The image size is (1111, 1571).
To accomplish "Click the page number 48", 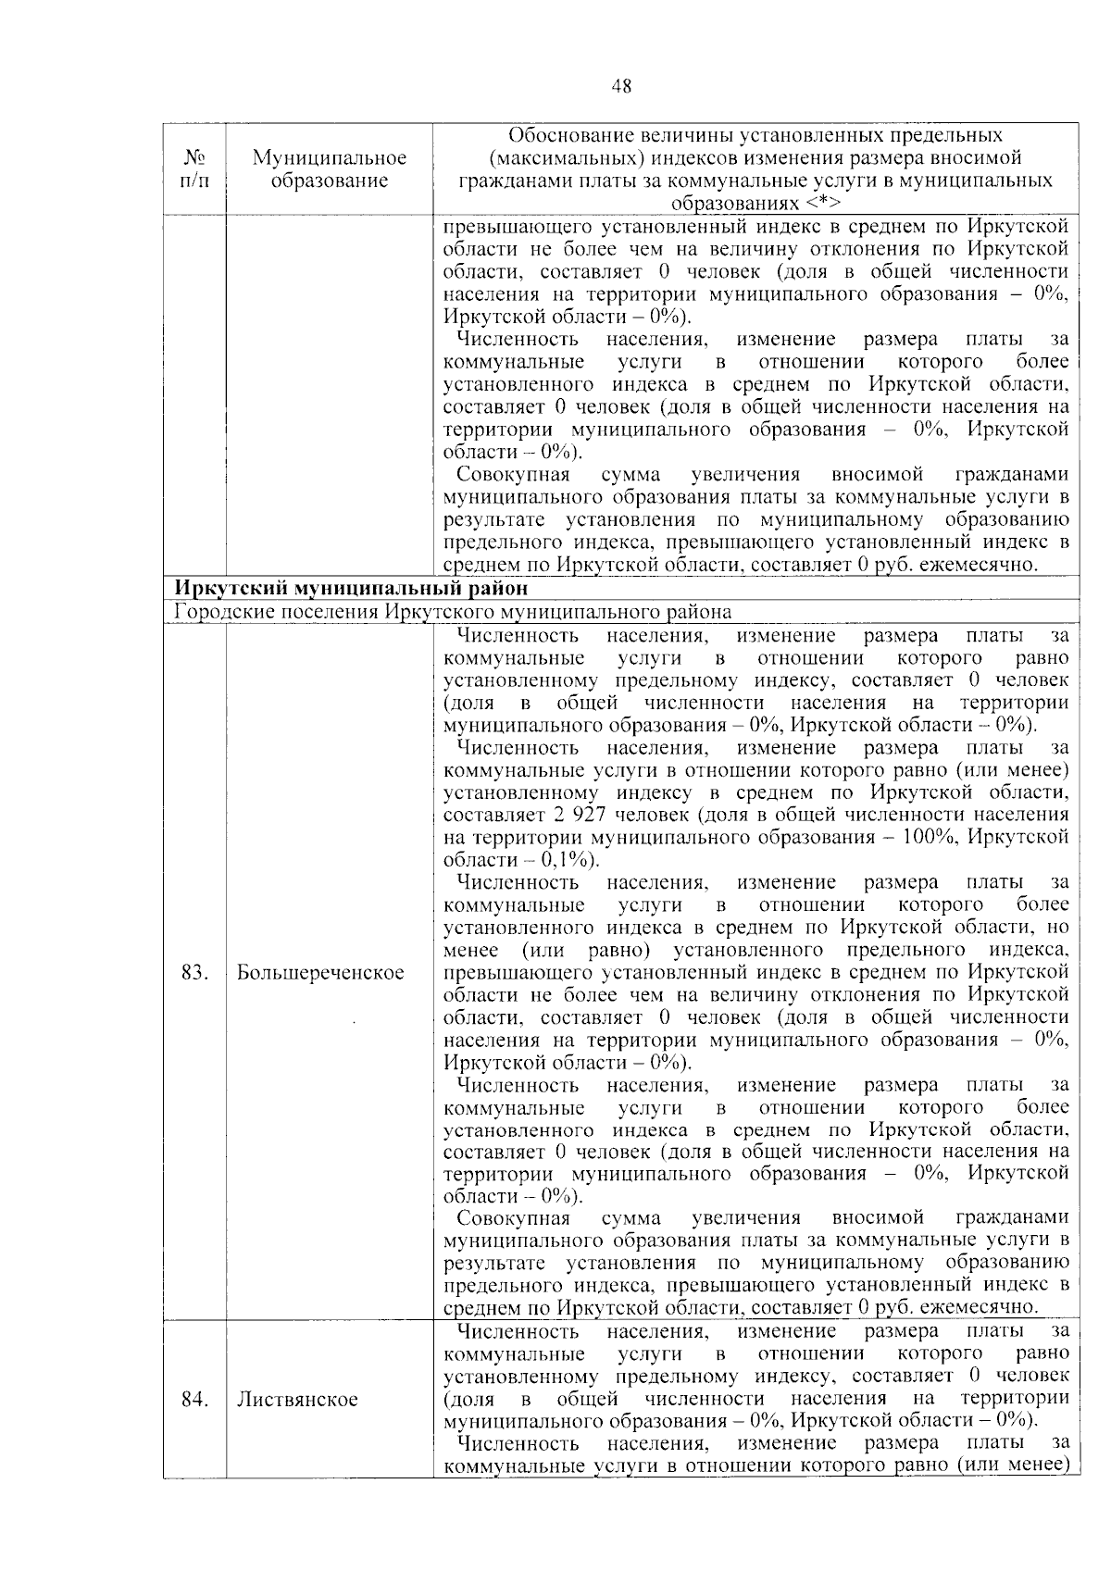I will (622, 86).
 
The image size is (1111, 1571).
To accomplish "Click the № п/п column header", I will (193, 168).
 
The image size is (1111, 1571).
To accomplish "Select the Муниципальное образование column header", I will (330, 168).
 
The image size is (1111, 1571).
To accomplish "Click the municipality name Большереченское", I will (320, 973).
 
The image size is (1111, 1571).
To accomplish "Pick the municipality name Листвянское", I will (297, 1399).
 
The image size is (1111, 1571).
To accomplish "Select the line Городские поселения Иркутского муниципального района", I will (453, 612).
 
